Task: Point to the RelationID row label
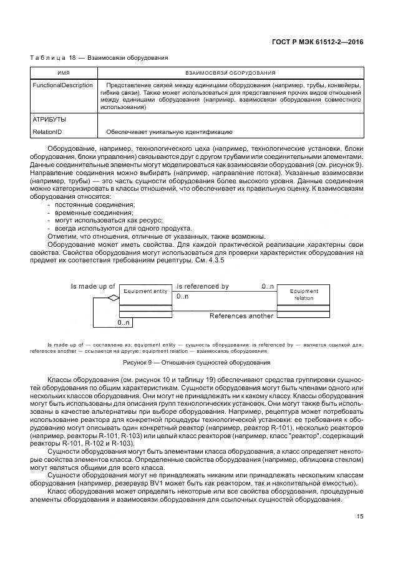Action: (x=47, y=131)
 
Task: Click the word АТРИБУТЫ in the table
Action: (x=49, y=118)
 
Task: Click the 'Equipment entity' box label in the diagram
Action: (x=145, y=291)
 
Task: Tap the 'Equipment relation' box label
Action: (x=304, y=294)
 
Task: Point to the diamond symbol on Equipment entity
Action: (x=113, y=299)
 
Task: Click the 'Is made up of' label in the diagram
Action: (x=93, y=286)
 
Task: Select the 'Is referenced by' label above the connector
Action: (x=203, y=286)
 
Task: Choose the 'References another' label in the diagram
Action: (x=241, y=316)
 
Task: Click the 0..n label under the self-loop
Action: (x=124, y=322)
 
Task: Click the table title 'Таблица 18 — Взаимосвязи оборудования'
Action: (x=99, y=58)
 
